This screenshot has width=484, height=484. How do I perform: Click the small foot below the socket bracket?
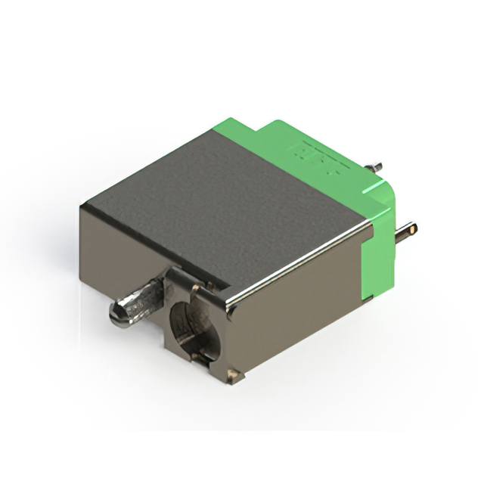(233, 374)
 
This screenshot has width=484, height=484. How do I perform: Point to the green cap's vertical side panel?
(378, 250)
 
